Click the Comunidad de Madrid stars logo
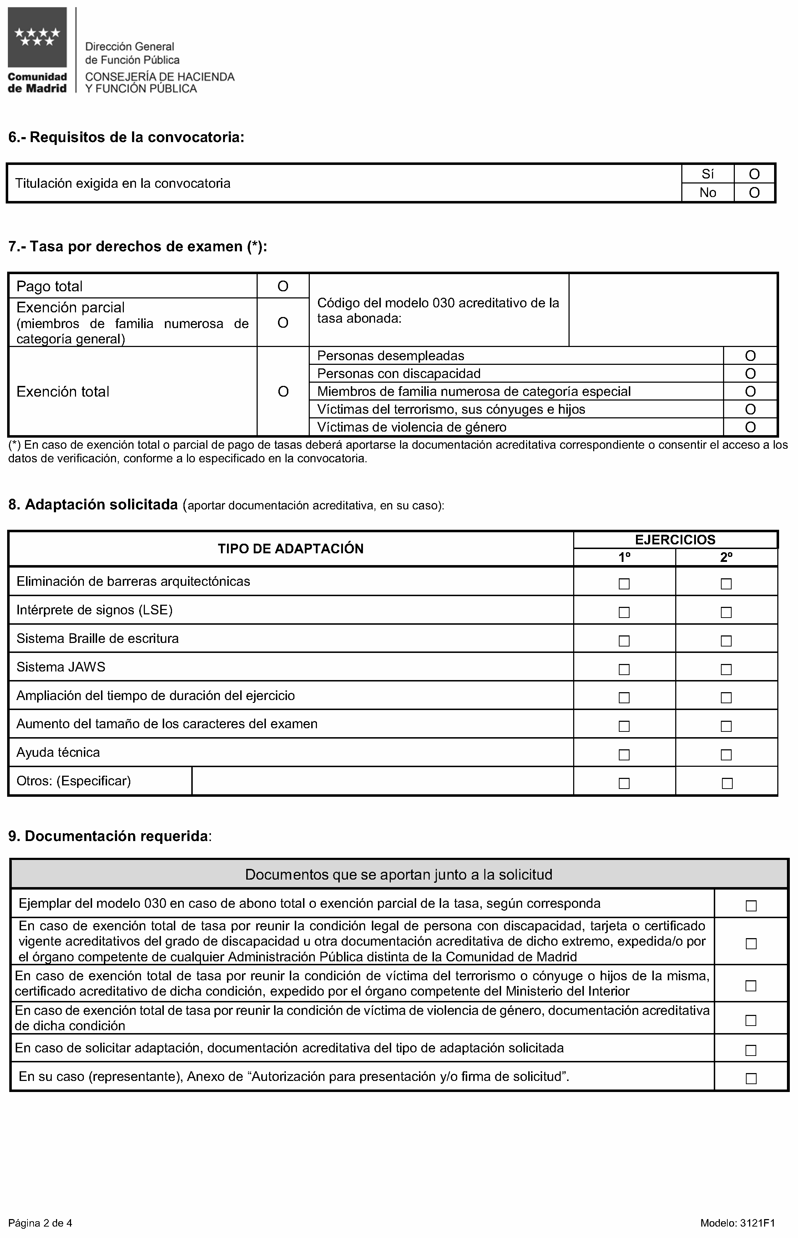click(x=37, y=37)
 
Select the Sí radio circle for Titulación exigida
click(x=754, y=174)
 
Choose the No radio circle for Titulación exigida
click(x=754, y=193)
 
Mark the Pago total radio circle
click(x=283, y=286)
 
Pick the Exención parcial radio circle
click(x=283, y=322)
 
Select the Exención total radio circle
click(x=283, y=391)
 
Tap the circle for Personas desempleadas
click(x=750, y=356)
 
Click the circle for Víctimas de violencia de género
click(x=750, y=427)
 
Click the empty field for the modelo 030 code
click(x=673, y=310)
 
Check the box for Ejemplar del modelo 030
click(x=751, y=906)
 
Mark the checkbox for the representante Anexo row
click(x=751, y=1079)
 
